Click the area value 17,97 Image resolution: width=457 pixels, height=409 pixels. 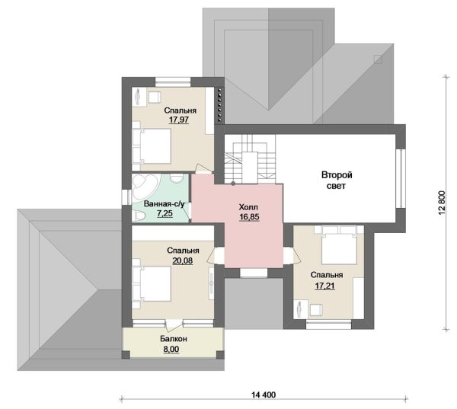tap(179, 120)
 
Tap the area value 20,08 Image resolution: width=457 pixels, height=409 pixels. tap(183, 260)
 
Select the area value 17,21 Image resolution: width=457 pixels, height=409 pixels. tap(324, 286)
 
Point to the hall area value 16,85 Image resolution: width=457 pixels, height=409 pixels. tap(250, 217)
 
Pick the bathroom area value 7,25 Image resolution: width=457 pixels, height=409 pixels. tap(165, 213)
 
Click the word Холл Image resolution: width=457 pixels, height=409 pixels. tap(248, 208)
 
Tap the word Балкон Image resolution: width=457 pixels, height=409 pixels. tap(174, 339)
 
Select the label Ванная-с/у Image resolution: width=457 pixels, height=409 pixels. tap(165, 204)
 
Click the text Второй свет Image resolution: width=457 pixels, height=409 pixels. tap(337, 181)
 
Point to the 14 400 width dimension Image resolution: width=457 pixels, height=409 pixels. tap(264, 395)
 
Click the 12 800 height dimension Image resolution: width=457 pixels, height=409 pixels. tap(442, 203)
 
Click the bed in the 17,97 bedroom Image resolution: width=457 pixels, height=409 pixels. tap(152, 146)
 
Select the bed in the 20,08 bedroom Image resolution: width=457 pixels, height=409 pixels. tap(152, 283)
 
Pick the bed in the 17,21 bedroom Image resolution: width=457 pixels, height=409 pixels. tap(339, 245)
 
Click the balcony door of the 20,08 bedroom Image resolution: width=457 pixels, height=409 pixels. tap(174, 324)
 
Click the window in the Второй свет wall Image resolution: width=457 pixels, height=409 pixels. tap(401, 178)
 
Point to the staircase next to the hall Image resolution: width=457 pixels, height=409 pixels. tap(250, 159)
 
